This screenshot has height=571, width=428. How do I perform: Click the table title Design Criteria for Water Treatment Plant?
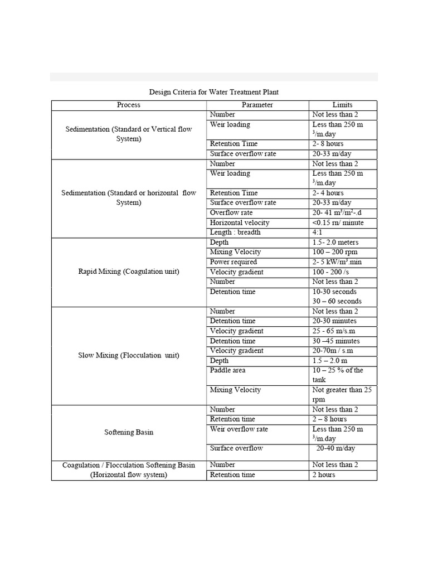pyautogui.click(x=214, y=91)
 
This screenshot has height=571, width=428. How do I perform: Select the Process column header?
pyautogui.click(x=129, y=105)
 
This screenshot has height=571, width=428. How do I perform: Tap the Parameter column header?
pyautogui.click(x=257, y=105)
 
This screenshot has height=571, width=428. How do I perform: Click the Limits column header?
pyautogui.click(x=342, y=105)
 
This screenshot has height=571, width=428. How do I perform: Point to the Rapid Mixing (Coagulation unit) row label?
pyautogui.click(x=129, y=272)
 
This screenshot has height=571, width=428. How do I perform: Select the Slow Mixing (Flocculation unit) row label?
pyautogui.click(x=129, y=355)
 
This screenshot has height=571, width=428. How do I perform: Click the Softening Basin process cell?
pyautogui.click(x=129, y=432)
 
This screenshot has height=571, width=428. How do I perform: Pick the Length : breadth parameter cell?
pyautogui.click(x=235, y=233)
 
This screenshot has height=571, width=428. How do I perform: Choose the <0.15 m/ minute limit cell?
pyautogui.click(x=338, y=222)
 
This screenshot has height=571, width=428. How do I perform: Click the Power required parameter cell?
pyautogui.click(x=234, y=262)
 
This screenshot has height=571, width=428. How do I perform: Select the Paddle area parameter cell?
pyautogui.click(x=228, y=370)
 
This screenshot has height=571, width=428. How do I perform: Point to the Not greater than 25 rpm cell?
pyautogui.click(x=342, y=394)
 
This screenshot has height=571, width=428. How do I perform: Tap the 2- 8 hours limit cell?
pyautogui.click(x=328, y=144)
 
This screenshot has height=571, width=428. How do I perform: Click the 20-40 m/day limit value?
pyautogui.click(x=335, y=448)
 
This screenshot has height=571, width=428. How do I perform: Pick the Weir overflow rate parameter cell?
pyautogui.click(x=239, y=429)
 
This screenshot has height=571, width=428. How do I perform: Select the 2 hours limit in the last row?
pyautogui.click(x=324, y=475)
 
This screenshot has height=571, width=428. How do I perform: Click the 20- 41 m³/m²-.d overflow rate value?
pyautogui.click(x=337, y=213)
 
